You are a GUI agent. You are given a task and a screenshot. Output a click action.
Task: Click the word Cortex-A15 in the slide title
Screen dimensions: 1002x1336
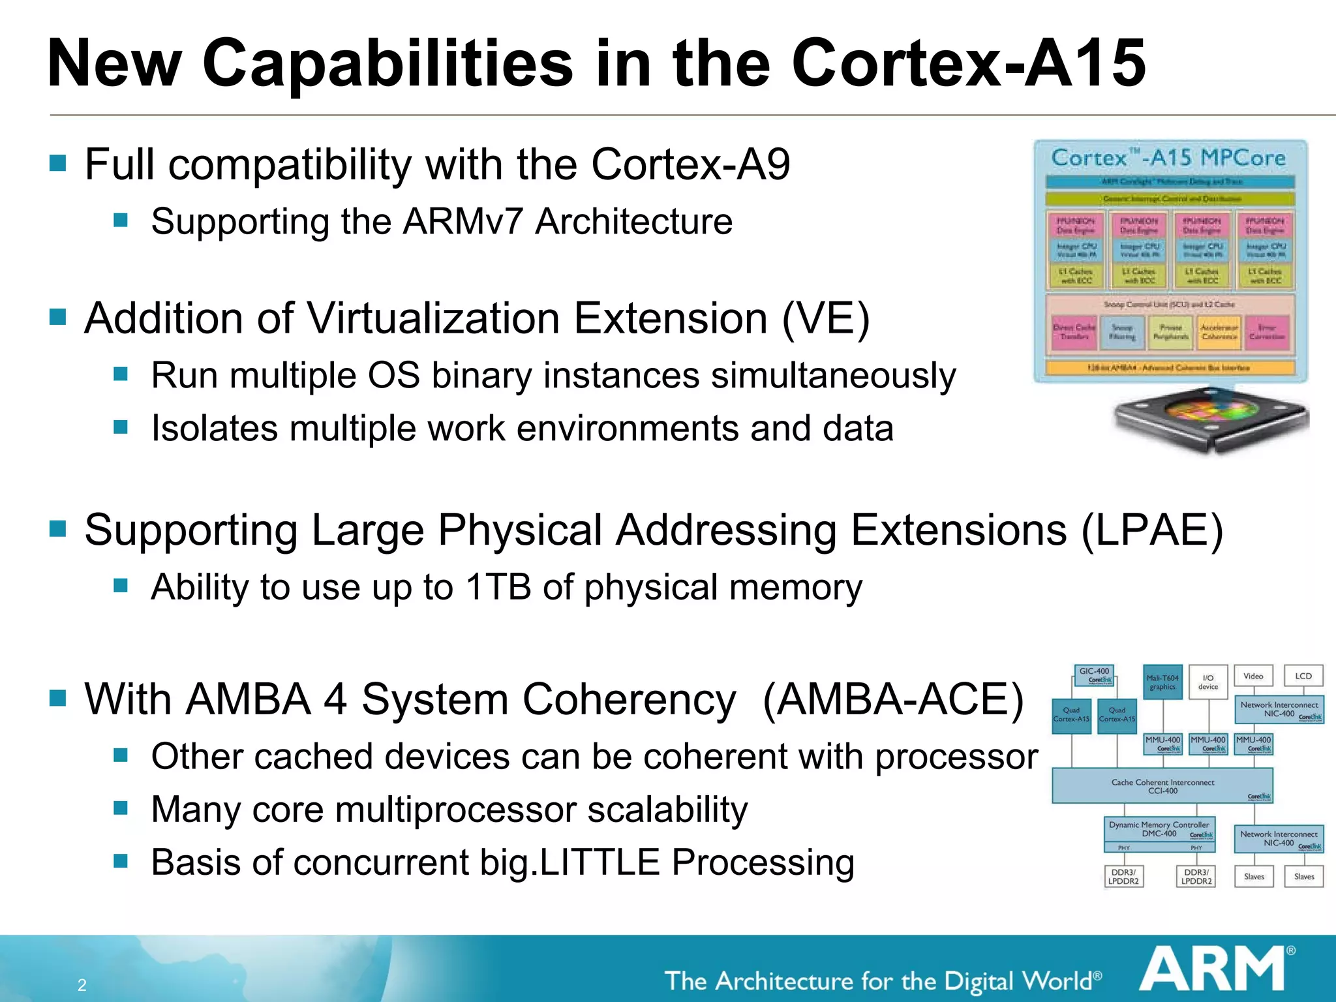[969, 63]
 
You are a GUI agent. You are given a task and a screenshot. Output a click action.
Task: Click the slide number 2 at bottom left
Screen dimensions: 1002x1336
[82, 985]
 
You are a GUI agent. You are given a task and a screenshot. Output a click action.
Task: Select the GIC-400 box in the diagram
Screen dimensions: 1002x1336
[1094, 675]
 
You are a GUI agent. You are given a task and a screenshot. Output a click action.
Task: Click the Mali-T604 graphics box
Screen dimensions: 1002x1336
[1162, 682]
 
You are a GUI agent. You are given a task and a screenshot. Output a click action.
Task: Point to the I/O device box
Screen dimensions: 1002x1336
[1208, 682]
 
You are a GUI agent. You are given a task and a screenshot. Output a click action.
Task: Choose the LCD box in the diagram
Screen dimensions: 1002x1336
[1303, 676]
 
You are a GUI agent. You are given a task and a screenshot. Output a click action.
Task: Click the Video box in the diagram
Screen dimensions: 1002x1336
[1253, 676]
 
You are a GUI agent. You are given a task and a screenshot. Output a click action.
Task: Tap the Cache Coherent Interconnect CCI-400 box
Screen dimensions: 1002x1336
[1162, 786]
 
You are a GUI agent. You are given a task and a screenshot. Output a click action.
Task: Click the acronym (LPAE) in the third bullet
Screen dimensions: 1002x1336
[1151, 530]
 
